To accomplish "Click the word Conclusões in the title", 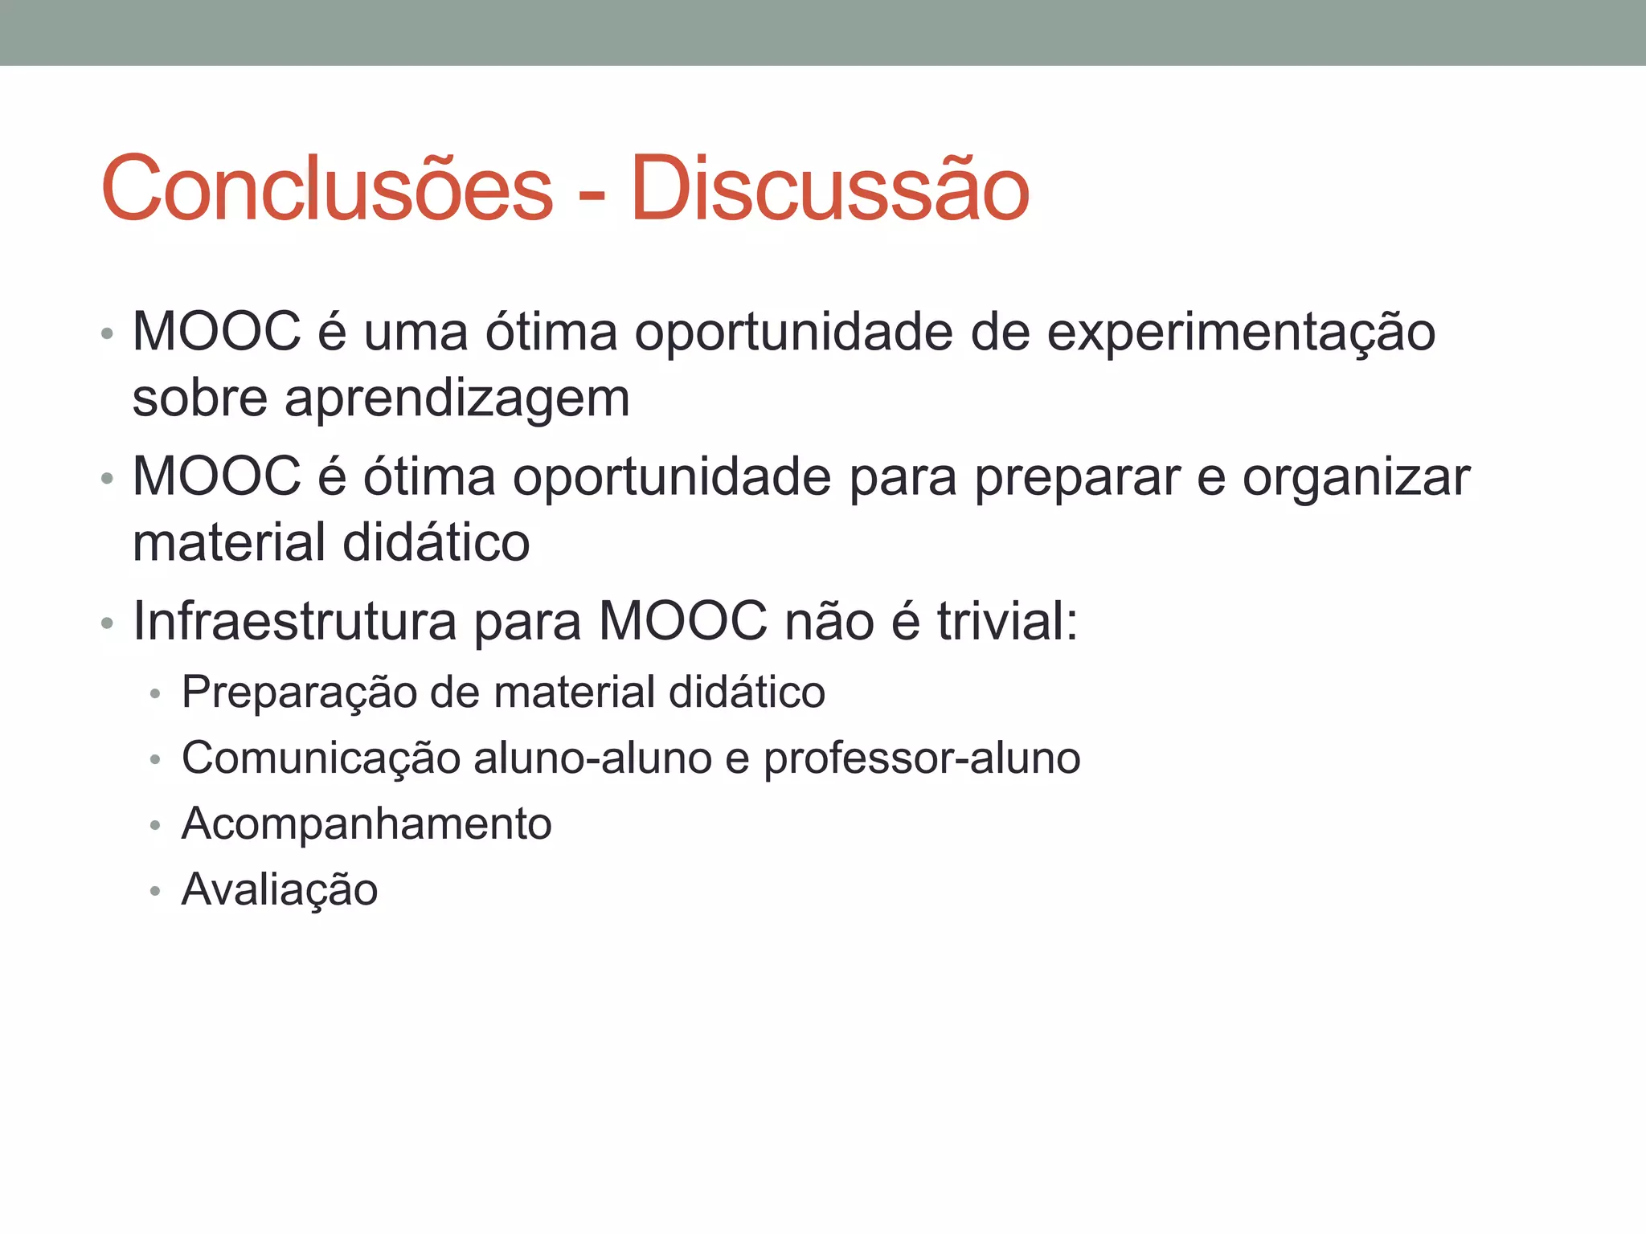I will tap(327, 189).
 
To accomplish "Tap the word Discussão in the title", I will tap(829, 189).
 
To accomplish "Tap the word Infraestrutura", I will tap(294, 621).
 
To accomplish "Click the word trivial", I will tap(1007, 621).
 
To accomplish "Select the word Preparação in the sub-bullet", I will tap(298, 693).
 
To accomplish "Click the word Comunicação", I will tap(320, 759).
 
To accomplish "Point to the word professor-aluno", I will tap(922, 759).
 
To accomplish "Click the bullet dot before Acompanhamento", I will tap(155, 826).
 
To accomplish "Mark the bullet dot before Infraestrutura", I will tap(107, 623).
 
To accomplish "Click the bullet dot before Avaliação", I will tap(155, 892).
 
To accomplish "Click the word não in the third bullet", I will tap(829, 621).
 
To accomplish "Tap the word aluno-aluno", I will tap(592, 759).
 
